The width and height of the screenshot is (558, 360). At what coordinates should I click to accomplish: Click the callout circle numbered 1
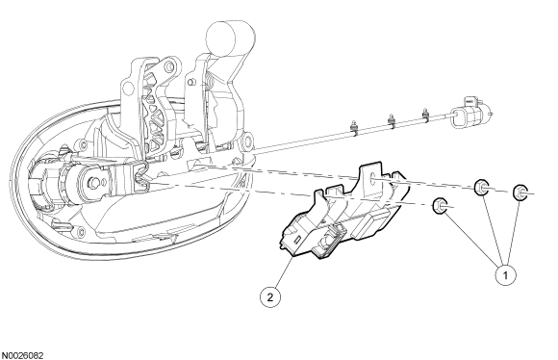pyautogui.click(x=505, y=275)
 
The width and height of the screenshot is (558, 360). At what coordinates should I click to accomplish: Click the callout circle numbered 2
pyautogui.click(x=269, y=297)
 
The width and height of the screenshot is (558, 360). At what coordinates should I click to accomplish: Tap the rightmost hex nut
pyautogui.click(x=520, y=193)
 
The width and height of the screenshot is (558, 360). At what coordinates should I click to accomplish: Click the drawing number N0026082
pyautogui.click(x=22, y=356)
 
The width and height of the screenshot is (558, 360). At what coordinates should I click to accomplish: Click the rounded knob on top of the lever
pyautogui.click(x=230, y=38)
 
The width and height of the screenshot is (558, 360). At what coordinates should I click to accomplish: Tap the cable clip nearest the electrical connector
pyautogui.click(x=424, y=115)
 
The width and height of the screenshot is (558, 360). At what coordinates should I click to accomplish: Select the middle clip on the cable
pyautogui.click(x=392, y=121)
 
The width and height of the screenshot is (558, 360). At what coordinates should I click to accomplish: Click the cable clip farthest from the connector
pyautogui.click(x=354, y=129)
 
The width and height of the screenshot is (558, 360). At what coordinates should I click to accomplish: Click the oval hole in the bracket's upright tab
pyautogui.click(x=372, y=178)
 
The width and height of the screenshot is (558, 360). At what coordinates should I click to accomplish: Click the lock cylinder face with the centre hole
pyautogui.click(x=93, y=183)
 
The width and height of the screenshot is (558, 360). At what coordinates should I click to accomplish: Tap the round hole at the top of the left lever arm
pyautogui.click(x=169, y=65)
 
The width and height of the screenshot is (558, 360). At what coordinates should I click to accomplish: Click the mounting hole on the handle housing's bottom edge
pyautogui.click(x=82, y=232)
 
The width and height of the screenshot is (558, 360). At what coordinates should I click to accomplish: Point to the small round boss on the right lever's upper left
pyautogui.click(x=190, y=82)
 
